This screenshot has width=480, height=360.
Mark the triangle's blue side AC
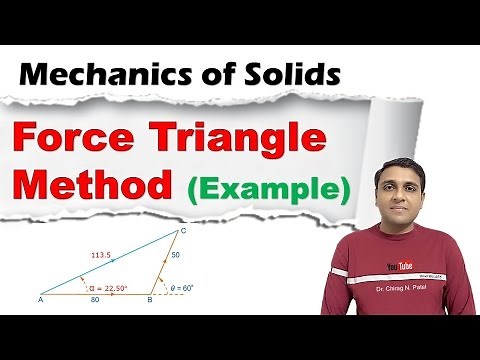click(x=110, y=265)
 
